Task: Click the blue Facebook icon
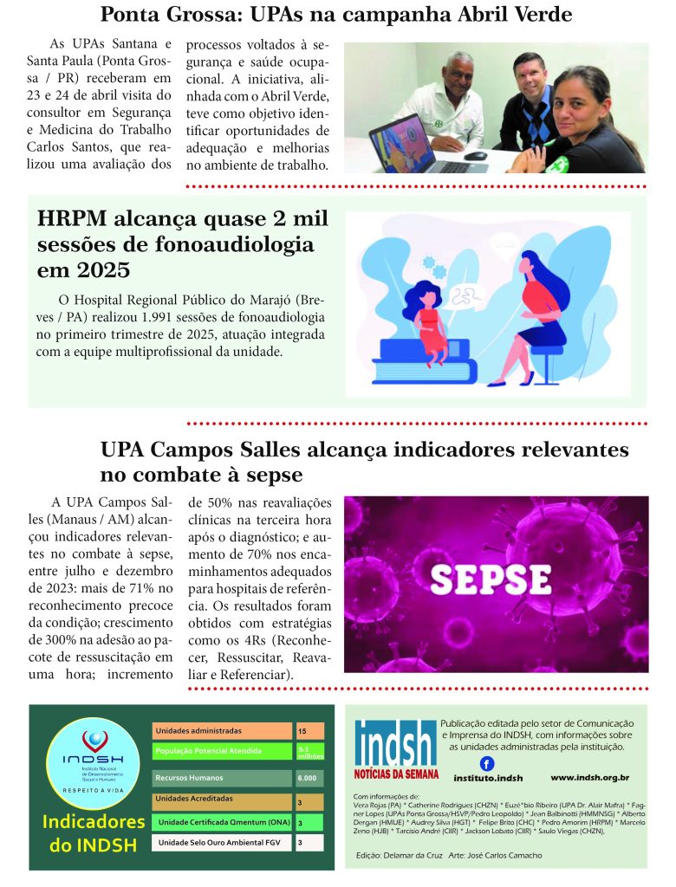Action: click(487, 763)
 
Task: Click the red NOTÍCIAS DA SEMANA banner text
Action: click(397, 773)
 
